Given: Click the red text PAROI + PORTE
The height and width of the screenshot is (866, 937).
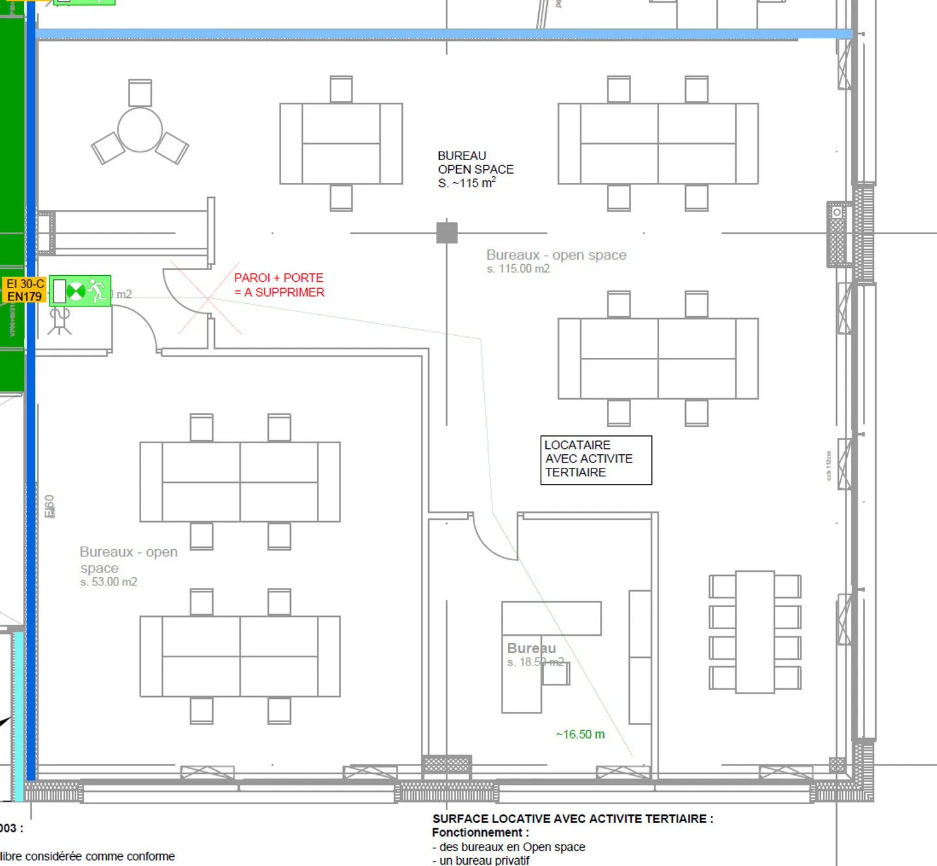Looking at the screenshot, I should coord(278,278).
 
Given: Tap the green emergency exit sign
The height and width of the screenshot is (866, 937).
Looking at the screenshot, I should coord(80,291).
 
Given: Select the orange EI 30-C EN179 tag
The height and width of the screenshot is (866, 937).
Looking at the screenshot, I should coord(25,290).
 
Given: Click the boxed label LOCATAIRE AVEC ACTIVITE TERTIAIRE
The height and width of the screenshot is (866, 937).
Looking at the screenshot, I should coord(595,459).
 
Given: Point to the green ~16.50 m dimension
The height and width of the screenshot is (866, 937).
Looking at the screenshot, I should coord(580,735).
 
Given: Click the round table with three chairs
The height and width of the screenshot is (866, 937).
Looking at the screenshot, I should coord(140,130).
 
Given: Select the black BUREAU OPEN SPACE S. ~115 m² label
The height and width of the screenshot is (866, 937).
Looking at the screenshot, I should coord(475,169).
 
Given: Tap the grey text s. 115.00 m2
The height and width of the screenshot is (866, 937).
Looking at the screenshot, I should coord(518,269).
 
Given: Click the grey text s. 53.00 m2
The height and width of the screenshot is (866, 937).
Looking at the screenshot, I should coord(109,582).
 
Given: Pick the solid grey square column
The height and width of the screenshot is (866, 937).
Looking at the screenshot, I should coord(446,232).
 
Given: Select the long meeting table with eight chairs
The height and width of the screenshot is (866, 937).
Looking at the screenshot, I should coord(755,632).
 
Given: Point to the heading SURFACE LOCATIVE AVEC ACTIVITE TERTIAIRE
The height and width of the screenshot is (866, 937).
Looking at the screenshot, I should coord(573,819).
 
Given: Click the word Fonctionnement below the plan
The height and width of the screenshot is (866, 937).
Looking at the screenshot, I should coord(480,833).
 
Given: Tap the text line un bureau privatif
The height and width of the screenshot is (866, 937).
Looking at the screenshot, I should coord(483,860).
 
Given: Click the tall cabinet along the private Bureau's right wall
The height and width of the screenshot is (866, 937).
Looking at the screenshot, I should coord(640,657).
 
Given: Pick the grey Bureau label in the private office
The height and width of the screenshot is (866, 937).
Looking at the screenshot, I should coord(532,648).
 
